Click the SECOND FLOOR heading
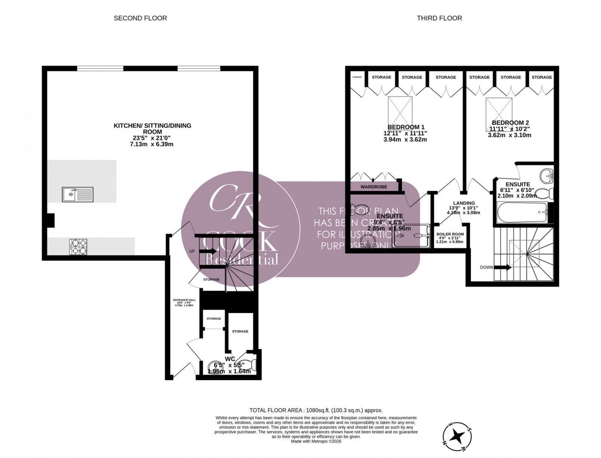coord(140,18)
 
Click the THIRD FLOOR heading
coord(439,18)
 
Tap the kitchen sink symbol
coord(77,195)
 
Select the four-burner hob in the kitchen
coord(78,247)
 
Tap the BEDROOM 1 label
coord(406,127)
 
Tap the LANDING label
coord(464,203)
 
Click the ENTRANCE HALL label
coord(184,300)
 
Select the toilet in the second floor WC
coord(250,365)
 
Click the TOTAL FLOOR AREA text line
coord(319,410)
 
